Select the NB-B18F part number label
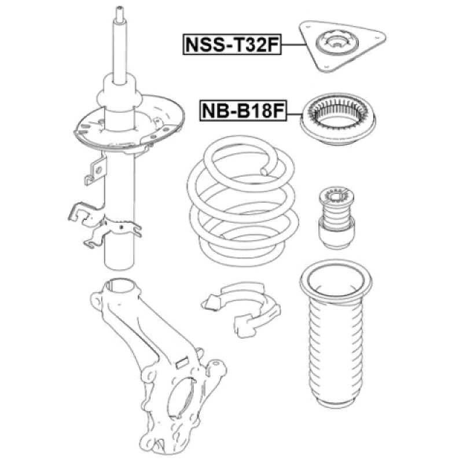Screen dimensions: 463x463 pyautogui.click(x=243, y=110)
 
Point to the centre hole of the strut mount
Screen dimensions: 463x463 pyautogui.click(x=335, y=43)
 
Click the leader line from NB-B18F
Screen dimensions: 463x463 pyautogui.click(x=295, y=111)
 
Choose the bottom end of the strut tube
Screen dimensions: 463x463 pyautogui.click(x=120, y=263)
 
